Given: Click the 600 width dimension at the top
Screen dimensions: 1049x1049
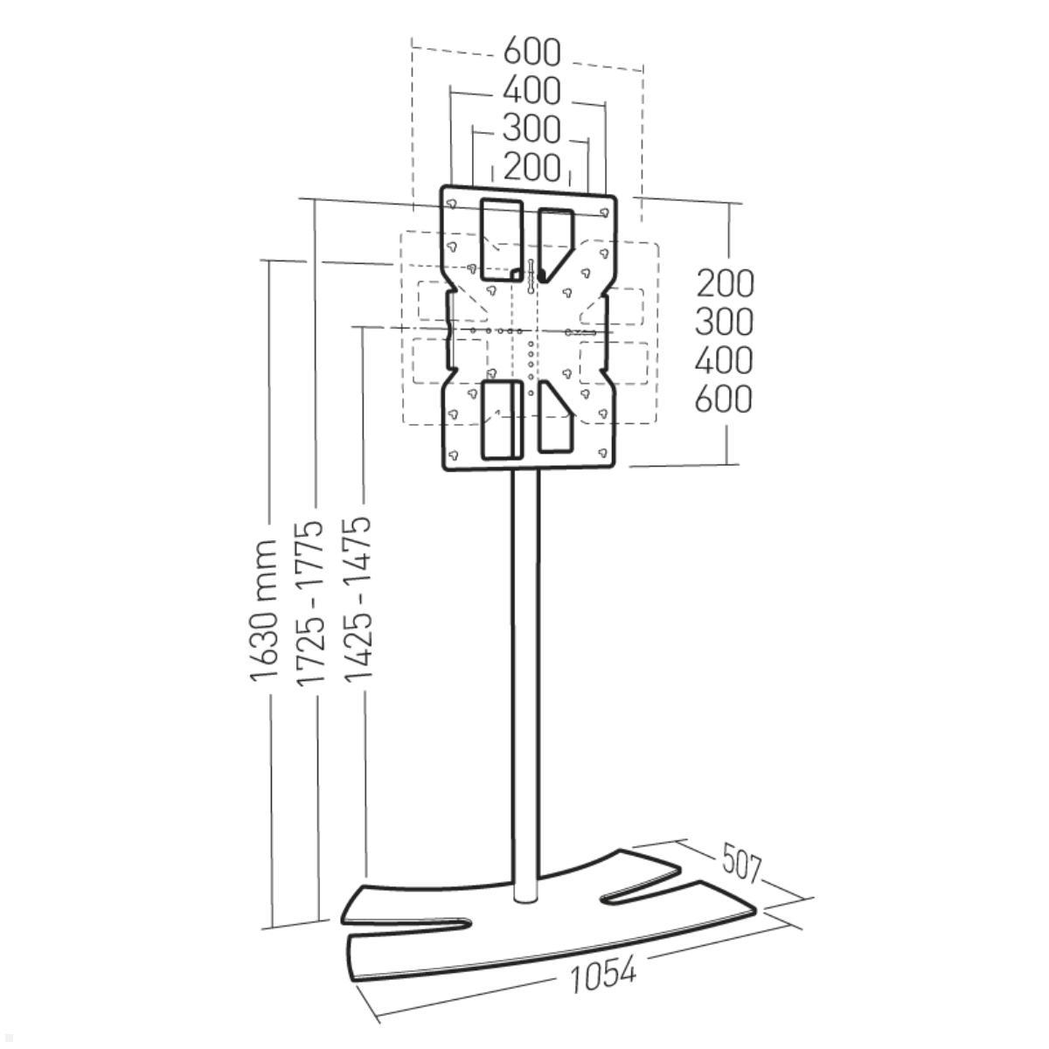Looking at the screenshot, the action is tap(531, 52).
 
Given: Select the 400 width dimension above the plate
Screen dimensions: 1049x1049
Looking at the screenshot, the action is tap(531, 90).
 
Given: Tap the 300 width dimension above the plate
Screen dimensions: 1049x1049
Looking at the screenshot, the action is tap(531, 129).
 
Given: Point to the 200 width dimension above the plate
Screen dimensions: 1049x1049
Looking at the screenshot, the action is tap(531, 167).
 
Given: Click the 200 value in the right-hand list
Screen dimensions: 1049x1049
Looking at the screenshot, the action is tap(725, 283).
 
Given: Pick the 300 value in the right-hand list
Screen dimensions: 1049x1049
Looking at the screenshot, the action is tap(725, 322).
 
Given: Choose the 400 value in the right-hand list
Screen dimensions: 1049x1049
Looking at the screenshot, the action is tap(724, 360).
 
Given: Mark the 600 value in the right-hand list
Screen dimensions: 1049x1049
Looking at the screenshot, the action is tap(724, 399).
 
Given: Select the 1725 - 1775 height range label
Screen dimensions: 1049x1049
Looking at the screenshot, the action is tap(310, 602).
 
